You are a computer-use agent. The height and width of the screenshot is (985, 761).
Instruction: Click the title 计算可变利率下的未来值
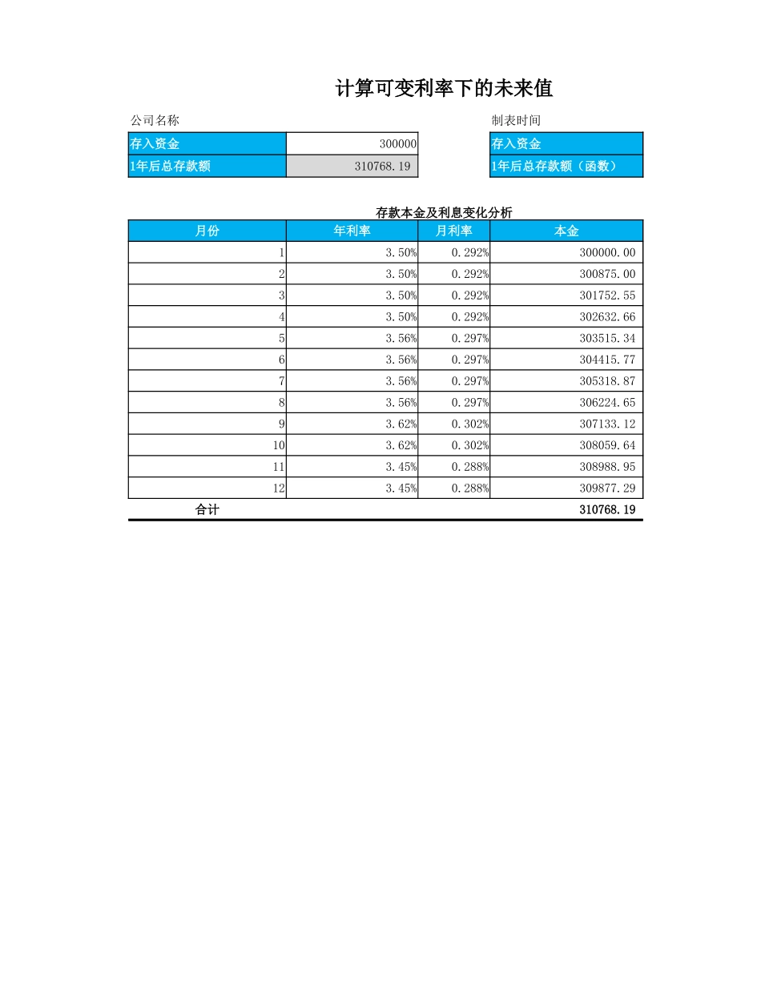[444, 89]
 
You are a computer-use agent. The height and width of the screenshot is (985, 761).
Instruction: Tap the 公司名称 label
[155, 120]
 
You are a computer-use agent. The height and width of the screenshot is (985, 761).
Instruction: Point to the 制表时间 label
[516, 120]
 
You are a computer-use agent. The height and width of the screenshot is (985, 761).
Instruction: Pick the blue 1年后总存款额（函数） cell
[566, 167]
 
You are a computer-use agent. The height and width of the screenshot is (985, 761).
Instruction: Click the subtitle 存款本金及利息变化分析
[444, 212]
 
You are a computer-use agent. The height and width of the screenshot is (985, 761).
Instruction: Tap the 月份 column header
[207, 231]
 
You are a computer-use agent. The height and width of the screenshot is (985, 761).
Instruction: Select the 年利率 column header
[352, 231]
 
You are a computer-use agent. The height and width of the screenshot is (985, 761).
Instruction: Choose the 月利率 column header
[453, 231]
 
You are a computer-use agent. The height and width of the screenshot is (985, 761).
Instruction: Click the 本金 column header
[566, 231]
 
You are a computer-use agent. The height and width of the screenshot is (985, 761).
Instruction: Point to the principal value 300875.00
[607, 274]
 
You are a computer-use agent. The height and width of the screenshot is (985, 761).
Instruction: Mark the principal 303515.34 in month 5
[607, 338]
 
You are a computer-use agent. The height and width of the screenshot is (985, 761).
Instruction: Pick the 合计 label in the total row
[207, 509]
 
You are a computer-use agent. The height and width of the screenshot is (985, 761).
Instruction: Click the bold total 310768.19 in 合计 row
[607, 509]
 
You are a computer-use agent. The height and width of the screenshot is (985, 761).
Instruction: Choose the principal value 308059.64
[607, 445]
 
